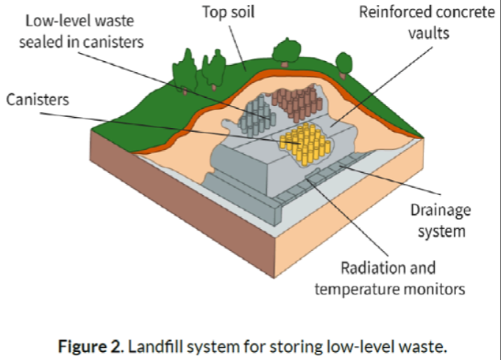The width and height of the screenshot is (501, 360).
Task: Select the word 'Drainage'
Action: (x=438, y=211)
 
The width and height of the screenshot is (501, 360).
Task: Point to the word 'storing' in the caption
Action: (x=283, y=345)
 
